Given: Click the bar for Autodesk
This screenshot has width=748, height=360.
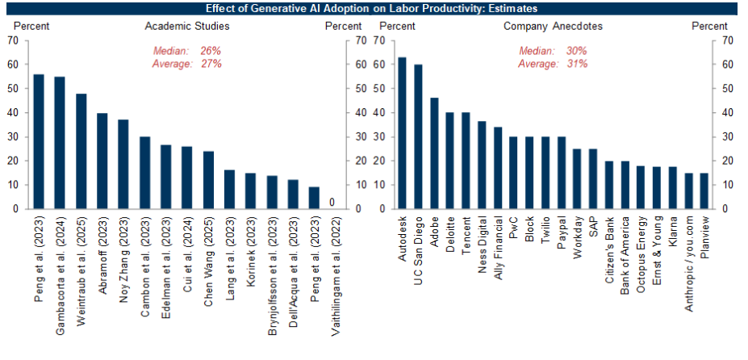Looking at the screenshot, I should [x=403, y=133].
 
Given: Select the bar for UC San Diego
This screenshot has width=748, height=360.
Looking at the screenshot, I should [x=418, y=136].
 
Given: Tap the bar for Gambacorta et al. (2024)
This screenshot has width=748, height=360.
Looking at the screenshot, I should [x=60, y=143].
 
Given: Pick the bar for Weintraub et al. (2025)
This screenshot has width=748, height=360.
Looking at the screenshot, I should [x=81, y=151].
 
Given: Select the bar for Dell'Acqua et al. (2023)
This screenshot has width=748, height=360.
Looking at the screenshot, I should [x=293, y=194].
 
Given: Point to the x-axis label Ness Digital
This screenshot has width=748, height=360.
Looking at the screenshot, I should [x=482, y=245].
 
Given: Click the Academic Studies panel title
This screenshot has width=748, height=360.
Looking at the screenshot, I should [x=187, y=26].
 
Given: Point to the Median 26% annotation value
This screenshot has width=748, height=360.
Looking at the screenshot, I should [x=211, y=51].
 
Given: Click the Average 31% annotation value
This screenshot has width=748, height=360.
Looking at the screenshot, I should [x=576, y=64].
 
